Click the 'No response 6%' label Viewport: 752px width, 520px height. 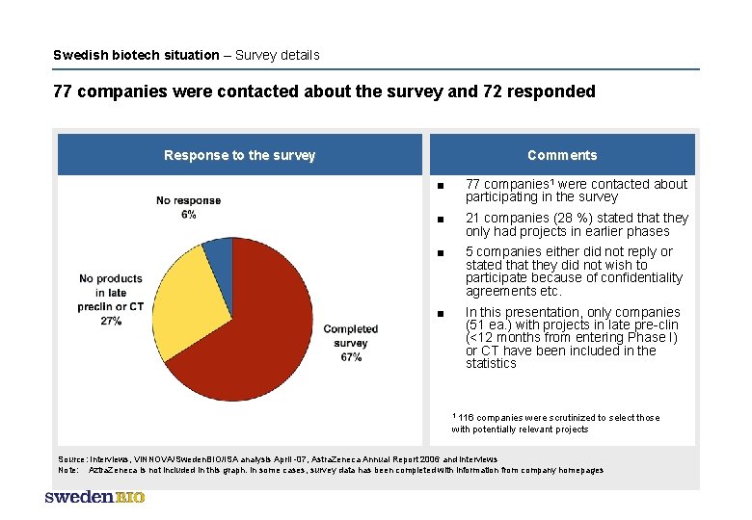coord(188,207)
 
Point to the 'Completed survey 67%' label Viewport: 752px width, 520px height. coord(351,343)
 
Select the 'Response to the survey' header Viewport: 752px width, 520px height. coord(239,155)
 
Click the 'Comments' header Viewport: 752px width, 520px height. coord(562,155)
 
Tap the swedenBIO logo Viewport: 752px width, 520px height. coord(94,497)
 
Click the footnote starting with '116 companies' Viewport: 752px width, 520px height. coord(555,423)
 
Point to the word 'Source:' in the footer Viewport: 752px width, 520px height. coord(73,459)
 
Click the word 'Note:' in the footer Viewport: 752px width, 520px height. coord(69,470)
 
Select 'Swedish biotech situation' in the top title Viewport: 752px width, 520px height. coord(136,55)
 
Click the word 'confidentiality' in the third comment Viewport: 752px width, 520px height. coord(627,277)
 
